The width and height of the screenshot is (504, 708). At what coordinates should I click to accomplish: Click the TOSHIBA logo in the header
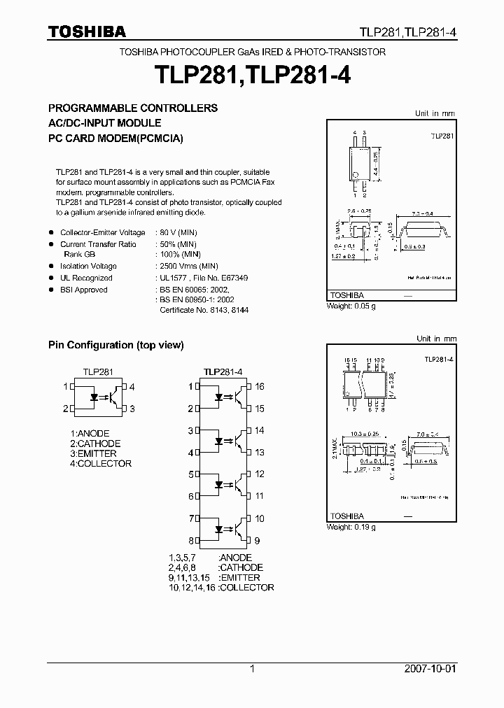(87, 32)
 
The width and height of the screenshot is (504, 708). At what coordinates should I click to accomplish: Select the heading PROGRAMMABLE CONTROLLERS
(132, 108)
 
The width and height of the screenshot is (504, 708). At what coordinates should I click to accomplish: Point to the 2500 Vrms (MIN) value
(189, 267)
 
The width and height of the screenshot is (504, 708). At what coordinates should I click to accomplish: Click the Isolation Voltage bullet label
(88, 267)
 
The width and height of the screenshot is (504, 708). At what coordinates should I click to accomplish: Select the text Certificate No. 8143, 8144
(204, 310)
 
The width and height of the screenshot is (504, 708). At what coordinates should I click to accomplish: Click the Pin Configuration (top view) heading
(115, 345)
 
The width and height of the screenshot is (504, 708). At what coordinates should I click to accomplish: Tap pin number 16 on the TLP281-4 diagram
(260, 387)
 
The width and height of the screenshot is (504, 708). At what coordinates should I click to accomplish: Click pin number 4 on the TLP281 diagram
(132, 387)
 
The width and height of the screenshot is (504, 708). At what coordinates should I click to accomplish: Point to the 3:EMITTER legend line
(93, 453)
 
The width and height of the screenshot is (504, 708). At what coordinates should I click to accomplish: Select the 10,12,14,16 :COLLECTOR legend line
(220, 588)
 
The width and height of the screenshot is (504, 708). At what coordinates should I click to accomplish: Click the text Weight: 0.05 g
(351, 306)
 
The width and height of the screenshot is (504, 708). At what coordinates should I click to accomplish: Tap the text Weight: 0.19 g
(351, 527)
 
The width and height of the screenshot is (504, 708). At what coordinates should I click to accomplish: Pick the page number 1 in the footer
(252, 669)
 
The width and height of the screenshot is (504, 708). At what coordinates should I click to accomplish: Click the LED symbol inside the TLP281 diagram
(92, 397)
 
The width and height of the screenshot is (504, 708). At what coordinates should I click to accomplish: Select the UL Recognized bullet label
(86, 278)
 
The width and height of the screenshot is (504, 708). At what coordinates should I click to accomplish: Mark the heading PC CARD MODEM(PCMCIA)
(115, 138)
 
